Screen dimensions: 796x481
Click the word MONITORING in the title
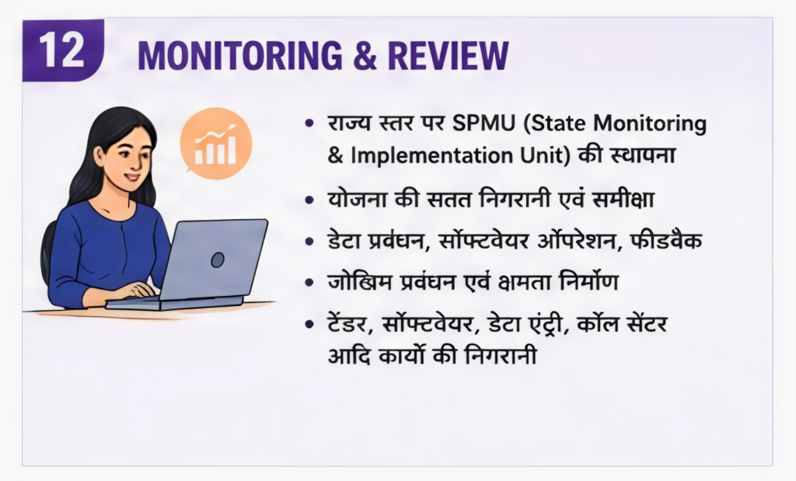[240, 55]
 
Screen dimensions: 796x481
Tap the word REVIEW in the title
[449, 55]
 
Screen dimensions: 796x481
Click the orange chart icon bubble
[216, 143]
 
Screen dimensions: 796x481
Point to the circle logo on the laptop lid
[218, 260]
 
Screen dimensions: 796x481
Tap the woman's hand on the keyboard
[135, 290]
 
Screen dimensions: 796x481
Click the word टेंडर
[347, 324]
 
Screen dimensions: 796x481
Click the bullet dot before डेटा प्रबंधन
[309, 241]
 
